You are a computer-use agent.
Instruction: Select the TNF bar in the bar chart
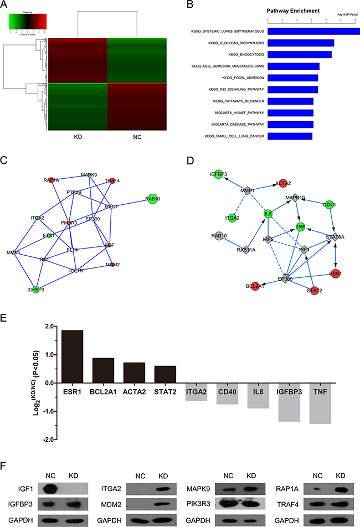pyautogui.click(x=321, y=402)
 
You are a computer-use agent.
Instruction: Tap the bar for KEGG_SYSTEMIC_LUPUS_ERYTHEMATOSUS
pyautogui.click(x=313, y=31)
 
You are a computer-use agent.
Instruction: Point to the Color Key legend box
pyautogui.click(x=28, y=20)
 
